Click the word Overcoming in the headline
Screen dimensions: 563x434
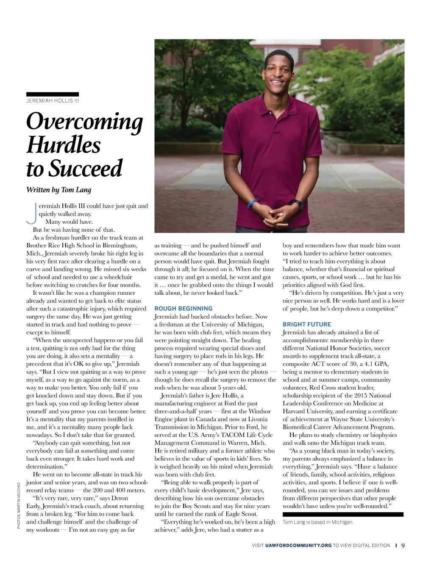tap(84, 121)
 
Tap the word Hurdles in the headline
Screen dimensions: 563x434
tap(64, 145)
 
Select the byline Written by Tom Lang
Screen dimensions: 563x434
tap(58, 190)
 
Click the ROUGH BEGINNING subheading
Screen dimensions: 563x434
tap(184, 308)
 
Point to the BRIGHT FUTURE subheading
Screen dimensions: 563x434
tap(307, 324)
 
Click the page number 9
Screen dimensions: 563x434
tap(403, 546)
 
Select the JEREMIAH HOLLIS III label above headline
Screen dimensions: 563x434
tap(53, 101)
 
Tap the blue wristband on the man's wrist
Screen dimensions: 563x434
tap(252, 204)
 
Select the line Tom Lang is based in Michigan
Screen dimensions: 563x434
tap(318, 522)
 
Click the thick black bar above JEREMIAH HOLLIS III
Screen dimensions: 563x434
tap(53, 94)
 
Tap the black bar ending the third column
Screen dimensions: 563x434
tap(343, 514)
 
